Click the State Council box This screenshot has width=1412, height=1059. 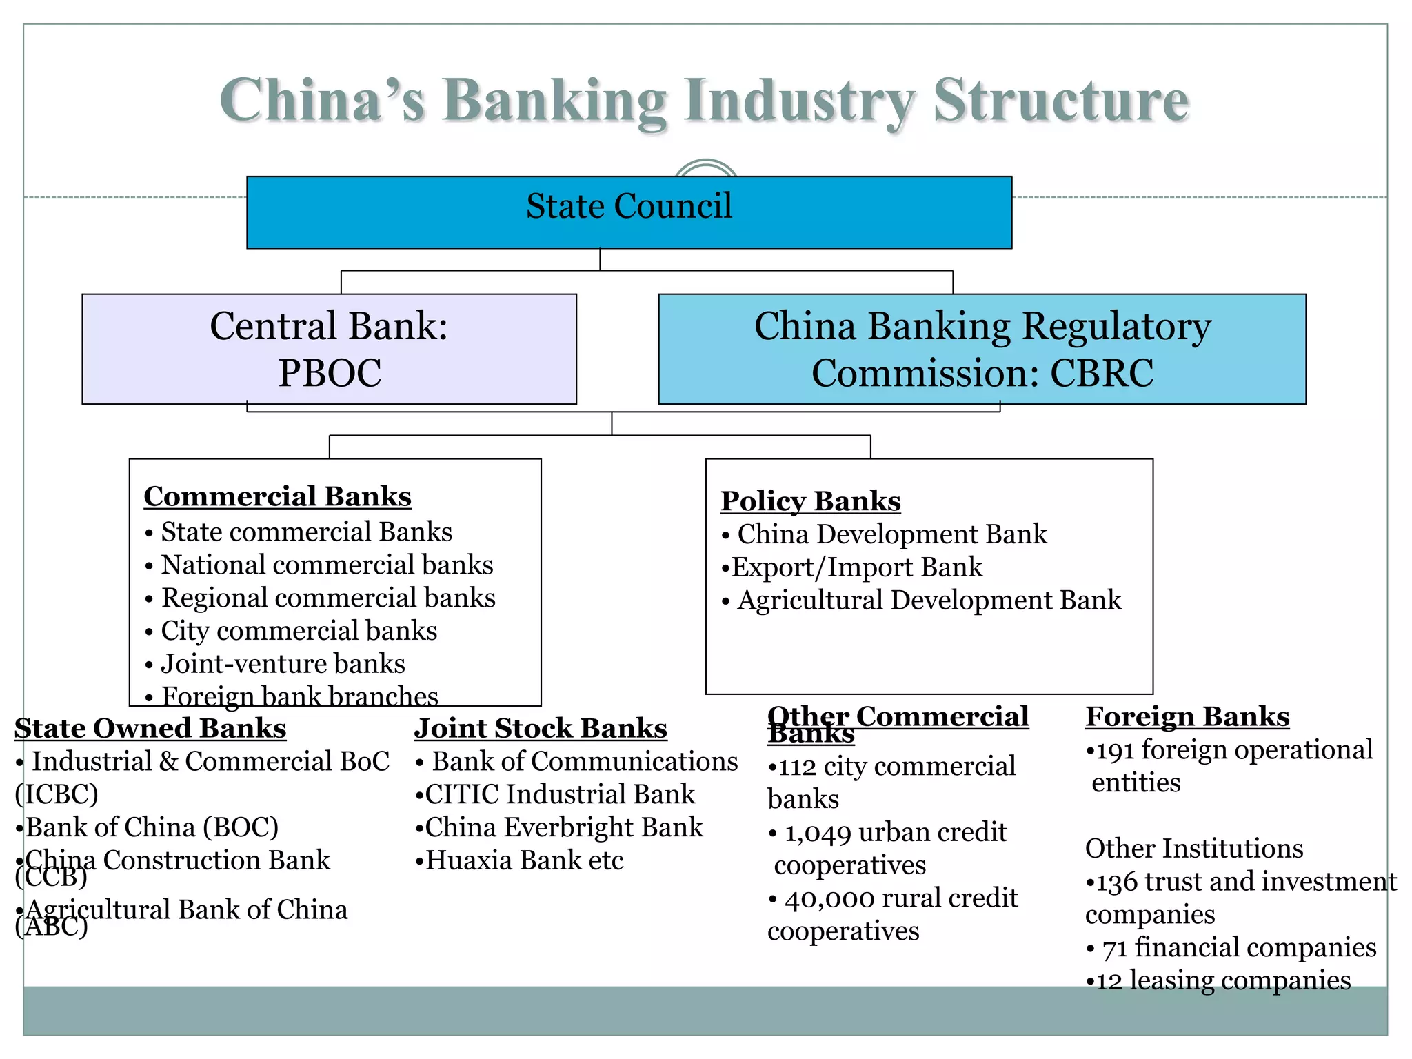click(x=629, y=212)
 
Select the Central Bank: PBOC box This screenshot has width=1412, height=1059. click(x=329, y=349)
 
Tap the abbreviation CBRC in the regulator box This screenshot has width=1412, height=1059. click(x=1101, y=374)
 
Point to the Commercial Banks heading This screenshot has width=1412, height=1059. click(x=277, y=496)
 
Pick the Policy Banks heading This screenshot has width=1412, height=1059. click(x=810, y=501)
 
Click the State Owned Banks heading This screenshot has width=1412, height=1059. click(x=150, y=729)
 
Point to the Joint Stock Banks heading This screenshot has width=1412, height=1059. click(x=541, y=729)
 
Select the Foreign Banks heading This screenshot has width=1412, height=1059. click(x=1187, y=717)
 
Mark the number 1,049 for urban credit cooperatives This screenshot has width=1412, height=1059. click(x=818, y=833)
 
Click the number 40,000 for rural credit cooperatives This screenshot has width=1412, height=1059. click(x=829, y=899)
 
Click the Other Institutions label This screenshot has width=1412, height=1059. click(x=1193, y=849)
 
